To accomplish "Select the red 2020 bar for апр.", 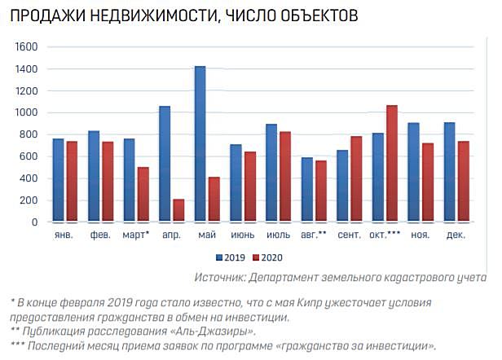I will click(x=178, y=210).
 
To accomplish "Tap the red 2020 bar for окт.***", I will click(x=392, y=163).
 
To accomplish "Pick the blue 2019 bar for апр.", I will click(x=165, y=164).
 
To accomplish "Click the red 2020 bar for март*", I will click(x=143, y=194).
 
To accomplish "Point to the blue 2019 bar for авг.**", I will click(x=306, y=189).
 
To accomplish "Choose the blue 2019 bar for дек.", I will click(x=449, y=172).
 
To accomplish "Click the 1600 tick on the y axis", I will click(x=27, y=47).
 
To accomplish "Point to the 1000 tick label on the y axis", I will click(x=27, y=113).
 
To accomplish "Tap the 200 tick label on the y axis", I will click(x=29, y=200).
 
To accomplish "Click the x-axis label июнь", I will click(x=242, y=236).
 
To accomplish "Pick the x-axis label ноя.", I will click(x=421, y=236).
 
